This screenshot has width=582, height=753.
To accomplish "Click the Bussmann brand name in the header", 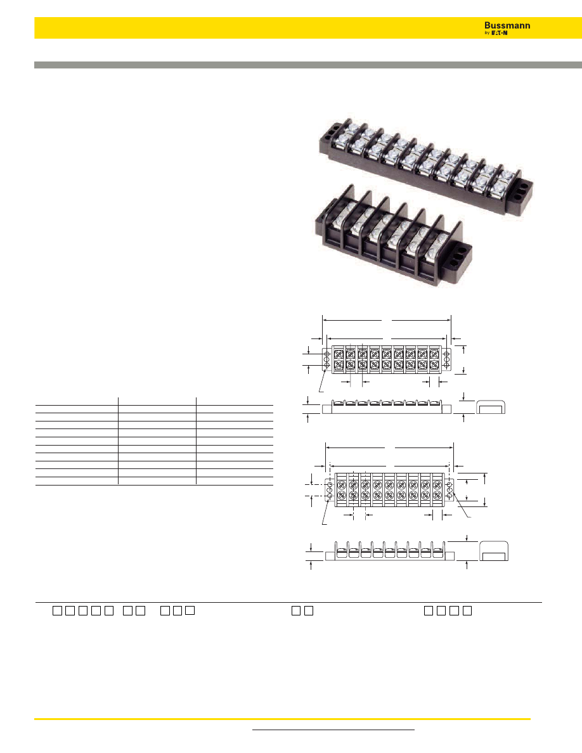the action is pos(507,25).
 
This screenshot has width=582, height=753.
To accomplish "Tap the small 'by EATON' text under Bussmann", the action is pos(496,33).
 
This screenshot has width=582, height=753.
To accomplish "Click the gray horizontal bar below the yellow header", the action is pos(308,65).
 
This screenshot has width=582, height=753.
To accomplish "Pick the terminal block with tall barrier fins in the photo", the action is pos(393,235).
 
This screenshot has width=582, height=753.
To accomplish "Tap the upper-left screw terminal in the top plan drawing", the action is pos(339,354).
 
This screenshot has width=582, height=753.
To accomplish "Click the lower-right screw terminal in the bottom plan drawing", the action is pos(437,494).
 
